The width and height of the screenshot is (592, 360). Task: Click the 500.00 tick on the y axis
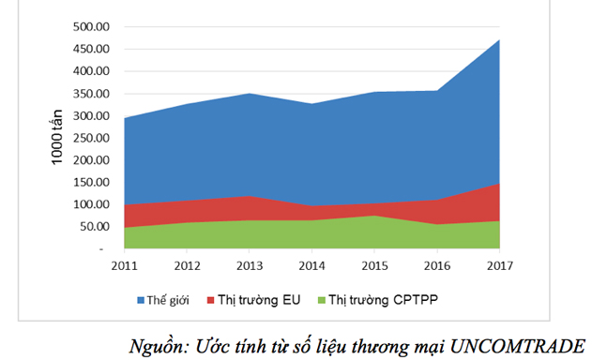point(93,26)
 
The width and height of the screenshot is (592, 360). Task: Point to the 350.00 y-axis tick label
point(93,93)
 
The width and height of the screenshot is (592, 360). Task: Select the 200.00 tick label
point(93,160)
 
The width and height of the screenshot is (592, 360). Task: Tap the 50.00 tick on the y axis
point(96,227)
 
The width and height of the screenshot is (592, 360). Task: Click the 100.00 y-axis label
point(93,204)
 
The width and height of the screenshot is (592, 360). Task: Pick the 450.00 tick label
point(93,49)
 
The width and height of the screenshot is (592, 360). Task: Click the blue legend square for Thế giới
point(142,300)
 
